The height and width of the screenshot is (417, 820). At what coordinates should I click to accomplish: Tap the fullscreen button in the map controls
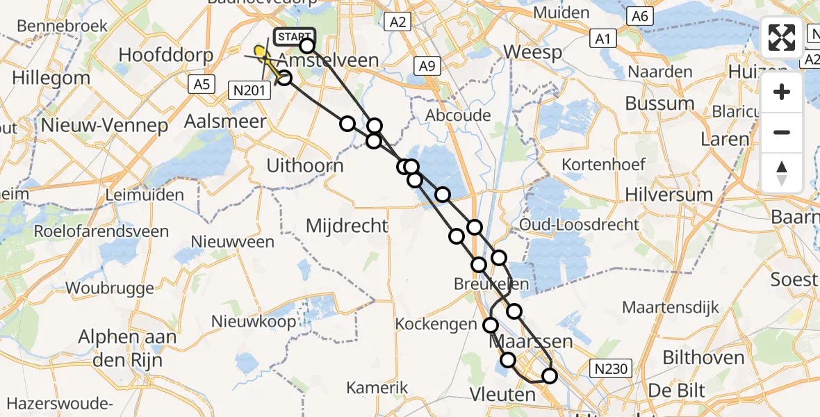pyautogui.click(x=782, y=38)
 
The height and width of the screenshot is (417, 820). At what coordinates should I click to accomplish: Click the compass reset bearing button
pyautogui.click(x=782, y=172)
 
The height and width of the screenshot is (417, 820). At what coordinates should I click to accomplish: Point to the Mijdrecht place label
pyautogui.click(x=347, y=225)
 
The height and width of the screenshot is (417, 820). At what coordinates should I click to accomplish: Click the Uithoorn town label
pyautogui.click(x=306, y=165)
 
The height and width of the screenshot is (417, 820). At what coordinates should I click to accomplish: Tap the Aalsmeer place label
pyautogui.click(x=215, y=122)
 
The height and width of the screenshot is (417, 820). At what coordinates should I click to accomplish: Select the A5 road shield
pyautogui.click(x=202, y=84)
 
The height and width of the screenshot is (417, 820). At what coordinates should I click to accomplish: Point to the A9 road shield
pyautogui.click(x=426, y=66)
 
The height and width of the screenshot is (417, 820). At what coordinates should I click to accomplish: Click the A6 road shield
pyautogui.click(x=639, y=16)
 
